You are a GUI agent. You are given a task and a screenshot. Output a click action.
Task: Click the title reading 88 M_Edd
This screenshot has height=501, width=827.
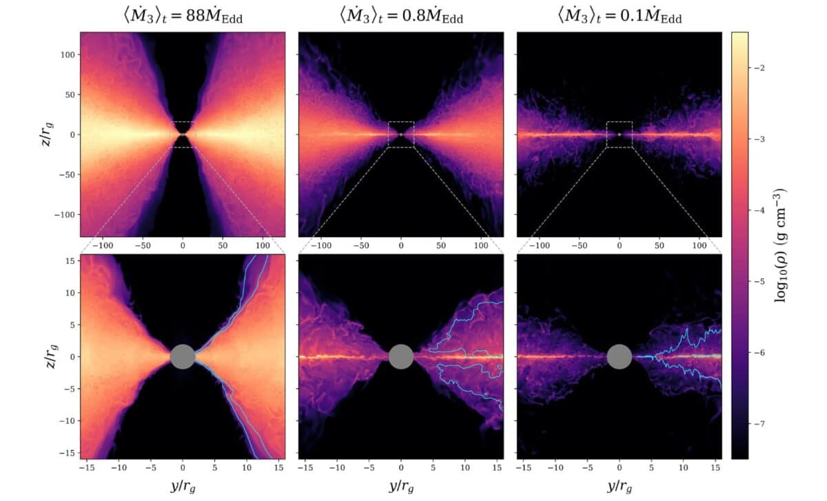(182, 14)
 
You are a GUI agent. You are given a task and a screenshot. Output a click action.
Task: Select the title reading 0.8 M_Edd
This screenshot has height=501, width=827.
(400, 14)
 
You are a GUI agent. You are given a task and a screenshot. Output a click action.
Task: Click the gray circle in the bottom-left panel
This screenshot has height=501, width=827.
(182, 356)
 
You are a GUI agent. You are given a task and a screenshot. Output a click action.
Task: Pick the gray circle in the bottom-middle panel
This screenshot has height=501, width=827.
(401, 356)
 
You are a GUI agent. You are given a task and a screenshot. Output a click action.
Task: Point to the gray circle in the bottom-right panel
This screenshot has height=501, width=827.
(620, 356)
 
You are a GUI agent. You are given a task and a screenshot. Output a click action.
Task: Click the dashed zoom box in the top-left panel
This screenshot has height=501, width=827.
(182, 134)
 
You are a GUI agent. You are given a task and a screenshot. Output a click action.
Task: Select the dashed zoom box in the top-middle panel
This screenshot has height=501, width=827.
(401, 134)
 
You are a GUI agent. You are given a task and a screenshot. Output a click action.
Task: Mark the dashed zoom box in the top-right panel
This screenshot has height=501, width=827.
(620, 134)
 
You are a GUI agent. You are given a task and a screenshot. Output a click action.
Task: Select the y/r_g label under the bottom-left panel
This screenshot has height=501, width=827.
(182, 487)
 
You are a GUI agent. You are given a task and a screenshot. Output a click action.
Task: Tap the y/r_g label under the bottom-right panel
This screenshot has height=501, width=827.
(620, 487)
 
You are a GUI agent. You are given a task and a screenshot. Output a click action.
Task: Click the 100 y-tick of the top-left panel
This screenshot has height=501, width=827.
(65, 54)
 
